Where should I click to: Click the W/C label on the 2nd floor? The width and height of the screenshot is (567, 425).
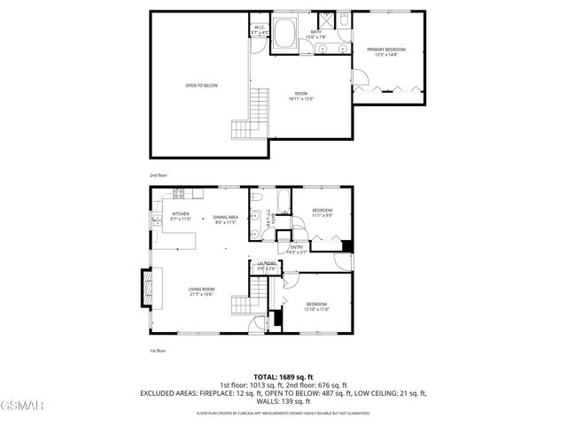[x=260, y=29]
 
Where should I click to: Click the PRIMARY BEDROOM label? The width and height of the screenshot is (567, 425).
[x=385, y=51]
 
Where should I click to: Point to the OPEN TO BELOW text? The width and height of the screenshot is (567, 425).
[x=201, y=86]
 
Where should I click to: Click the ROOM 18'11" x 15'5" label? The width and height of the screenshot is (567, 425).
[x=301, y=97]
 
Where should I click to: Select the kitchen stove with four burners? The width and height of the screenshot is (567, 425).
[x=178, y=193]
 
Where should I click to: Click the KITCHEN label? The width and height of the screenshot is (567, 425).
[x=181, y=216]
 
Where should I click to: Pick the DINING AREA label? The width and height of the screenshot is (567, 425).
[x=225, y=220]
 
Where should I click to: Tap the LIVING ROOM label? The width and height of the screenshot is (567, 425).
[x=201, y=291]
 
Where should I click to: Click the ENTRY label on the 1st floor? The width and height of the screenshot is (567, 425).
[x=296, y=250]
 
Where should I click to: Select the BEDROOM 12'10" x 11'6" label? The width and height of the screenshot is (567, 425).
[x=317, y=306]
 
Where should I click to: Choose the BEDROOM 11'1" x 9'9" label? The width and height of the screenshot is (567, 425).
[x=322, y=212]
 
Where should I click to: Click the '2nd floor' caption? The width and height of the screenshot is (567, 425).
[x=158, y=175]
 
